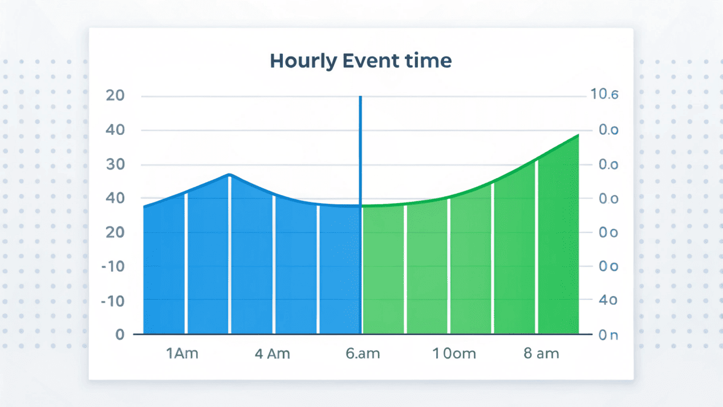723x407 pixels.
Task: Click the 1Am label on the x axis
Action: [182, 353]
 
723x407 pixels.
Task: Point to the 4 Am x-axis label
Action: [272, 353]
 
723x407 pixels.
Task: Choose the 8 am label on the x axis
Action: [541, 353]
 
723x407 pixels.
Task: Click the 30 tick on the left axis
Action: [116, 164]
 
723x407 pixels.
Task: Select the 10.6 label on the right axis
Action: [604, 95]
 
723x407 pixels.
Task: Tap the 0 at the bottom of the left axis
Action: [120, 334]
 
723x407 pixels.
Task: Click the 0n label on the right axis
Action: [608, 335]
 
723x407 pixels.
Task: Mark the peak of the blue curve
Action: [229, 174]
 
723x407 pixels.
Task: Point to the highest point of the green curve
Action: [578, 135]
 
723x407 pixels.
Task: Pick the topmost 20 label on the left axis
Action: [116, 95]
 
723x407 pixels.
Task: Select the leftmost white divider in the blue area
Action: [186, 263]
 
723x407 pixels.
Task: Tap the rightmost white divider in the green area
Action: [537, 245]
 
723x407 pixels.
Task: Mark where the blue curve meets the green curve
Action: [361, 205]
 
